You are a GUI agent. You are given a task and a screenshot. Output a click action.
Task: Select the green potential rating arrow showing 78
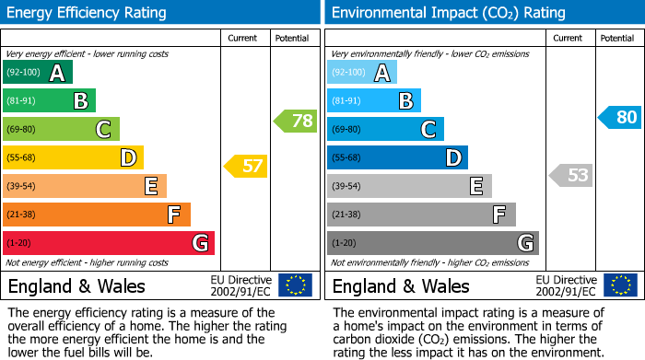296,121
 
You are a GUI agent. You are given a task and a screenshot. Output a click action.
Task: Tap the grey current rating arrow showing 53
570,175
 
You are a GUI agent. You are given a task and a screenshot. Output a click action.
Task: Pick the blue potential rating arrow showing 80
619,118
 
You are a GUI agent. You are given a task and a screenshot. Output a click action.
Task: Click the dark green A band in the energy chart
38,73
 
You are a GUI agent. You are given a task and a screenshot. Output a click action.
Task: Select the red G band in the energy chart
109,243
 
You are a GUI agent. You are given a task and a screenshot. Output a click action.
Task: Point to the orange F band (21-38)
97,215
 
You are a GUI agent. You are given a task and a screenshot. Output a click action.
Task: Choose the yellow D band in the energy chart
73,158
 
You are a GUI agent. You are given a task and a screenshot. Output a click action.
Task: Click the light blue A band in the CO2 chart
362,73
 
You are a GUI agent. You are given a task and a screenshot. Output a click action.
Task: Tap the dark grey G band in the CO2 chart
432,243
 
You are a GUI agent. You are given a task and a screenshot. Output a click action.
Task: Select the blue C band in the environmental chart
385,130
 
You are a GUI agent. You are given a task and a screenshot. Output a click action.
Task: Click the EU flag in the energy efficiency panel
295,285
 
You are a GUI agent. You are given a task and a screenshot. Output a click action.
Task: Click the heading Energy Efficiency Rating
88,13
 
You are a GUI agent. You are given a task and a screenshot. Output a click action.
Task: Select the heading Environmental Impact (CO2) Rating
448,13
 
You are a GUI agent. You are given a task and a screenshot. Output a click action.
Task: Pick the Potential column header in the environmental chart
617,38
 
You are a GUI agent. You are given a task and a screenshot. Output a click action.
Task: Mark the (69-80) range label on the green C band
23,130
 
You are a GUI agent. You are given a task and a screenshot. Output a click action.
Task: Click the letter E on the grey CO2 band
475,187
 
